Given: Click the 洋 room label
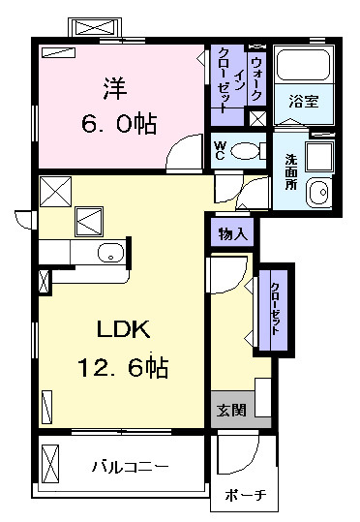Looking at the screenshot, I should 113,86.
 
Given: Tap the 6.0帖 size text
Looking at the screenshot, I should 120,124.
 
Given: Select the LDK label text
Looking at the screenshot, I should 121,330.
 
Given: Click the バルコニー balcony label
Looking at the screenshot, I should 131,466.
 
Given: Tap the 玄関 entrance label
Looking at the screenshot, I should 230,410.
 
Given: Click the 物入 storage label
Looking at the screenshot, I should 232,233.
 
